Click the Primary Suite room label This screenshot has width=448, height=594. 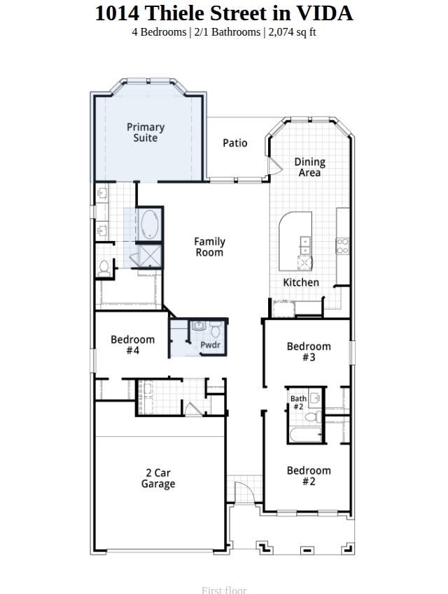146,132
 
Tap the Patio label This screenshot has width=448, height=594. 234,143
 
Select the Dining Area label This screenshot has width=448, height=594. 310,167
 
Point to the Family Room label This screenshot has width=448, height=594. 210,247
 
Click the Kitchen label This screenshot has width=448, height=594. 301,282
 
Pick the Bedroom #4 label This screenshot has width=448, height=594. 133,345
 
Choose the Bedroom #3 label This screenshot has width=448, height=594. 309,352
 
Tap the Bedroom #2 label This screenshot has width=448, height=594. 309,476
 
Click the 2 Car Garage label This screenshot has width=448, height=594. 158,478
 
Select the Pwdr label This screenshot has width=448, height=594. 210,345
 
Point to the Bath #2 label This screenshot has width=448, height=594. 298,403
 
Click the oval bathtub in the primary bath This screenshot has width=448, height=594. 150,224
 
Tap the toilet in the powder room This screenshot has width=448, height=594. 216,330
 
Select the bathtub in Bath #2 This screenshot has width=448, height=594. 306,435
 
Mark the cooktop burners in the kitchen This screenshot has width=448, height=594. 342,245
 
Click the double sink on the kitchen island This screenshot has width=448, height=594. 305,245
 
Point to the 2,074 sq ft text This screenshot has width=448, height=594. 292,32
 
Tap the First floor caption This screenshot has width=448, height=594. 224,591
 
